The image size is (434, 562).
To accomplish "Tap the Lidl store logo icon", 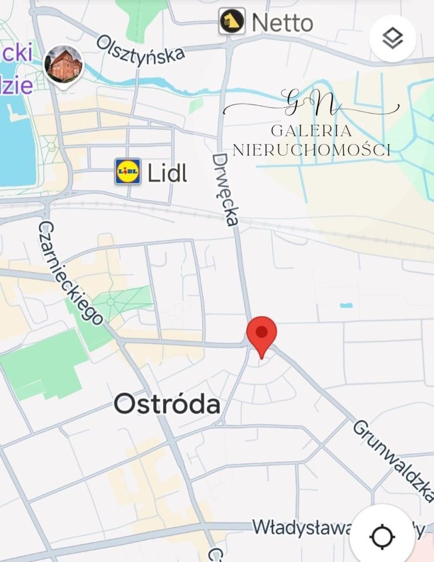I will coord(128,172).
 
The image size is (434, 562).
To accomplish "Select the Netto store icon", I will coord(232,22).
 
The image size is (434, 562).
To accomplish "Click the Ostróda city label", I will coord(167,404).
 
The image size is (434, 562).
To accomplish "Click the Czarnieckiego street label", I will coord(71,273).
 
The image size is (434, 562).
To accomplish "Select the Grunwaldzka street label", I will coord(394,460).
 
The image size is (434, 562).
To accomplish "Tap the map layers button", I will coord(392,39).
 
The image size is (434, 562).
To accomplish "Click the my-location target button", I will coord(383,536).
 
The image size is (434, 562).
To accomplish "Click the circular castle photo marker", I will coord(64,64).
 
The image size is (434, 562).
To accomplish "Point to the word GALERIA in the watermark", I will coord(311,131).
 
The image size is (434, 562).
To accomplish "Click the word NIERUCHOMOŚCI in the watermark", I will coord(311,150).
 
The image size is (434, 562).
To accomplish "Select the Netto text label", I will coord(282,23).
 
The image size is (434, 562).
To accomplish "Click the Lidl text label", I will coord(167,173).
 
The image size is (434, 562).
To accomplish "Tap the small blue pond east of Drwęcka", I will coord(346,305).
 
